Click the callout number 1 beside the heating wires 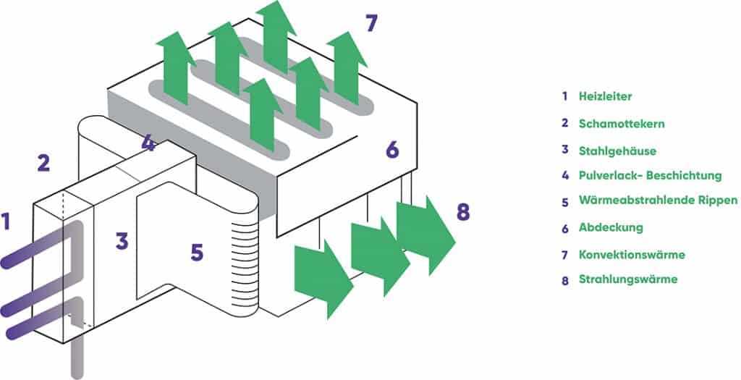pos(7,221)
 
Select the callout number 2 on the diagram pos(43,164)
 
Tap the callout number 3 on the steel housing pos(122,240)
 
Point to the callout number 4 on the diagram pos(148,143)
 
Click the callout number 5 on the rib pos(197,253)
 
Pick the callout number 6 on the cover pos(392,150)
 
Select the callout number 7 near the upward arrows pos(370,23)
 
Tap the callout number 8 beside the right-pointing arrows pos(463,212)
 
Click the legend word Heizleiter pos(605,96)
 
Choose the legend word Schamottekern pos(621,123)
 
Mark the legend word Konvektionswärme pos(632,254)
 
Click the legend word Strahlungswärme pos(628,279)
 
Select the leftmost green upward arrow pos(174,72)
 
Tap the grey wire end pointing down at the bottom pos(77,359)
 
